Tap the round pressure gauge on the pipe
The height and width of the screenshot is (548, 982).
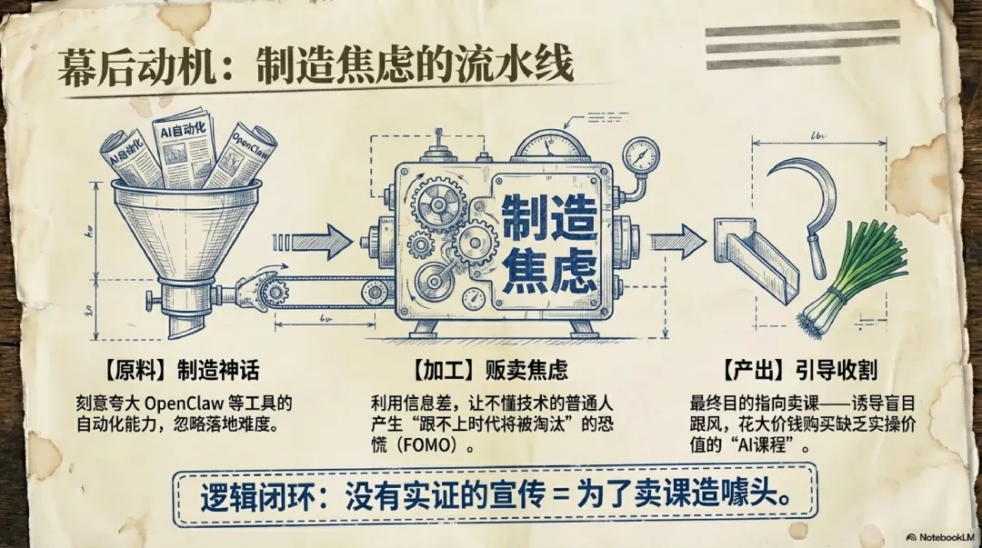pos(641,154)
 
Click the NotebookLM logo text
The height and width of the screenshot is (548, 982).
pos(941,537)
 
